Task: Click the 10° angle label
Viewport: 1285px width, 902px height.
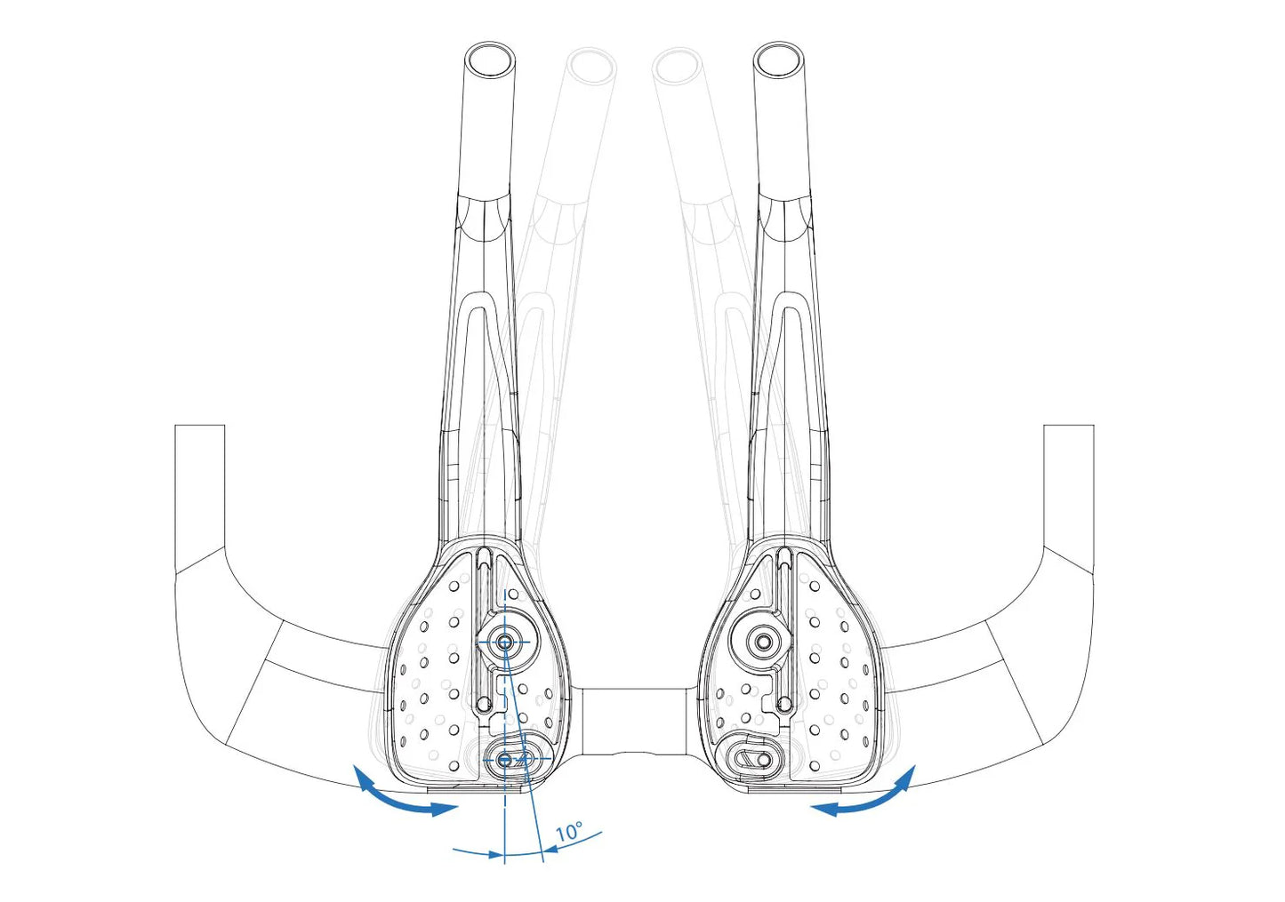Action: coord(569,831)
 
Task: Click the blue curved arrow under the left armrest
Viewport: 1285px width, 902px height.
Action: coord(396,798)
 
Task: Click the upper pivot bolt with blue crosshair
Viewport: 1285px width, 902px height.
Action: coord(504,643)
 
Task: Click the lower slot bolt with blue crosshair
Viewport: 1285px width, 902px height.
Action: coord(505,760)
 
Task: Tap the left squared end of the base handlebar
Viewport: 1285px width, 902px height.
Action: coord(199,426)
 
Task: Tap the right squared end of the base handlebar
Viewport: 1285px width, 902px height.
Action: coord(1069,426)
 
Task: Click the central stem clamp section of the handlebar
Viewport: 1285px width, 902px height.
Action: coord(634,722)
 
